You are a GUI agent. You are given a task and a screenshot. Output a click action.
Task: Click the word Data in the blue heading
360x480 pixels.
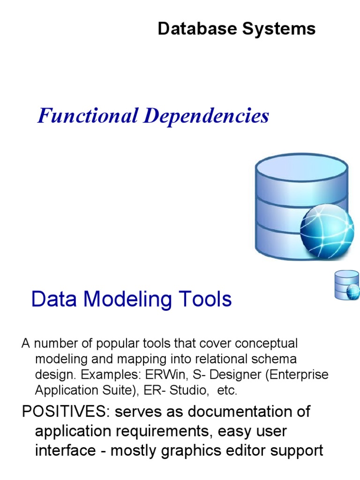click(x=51, y=299)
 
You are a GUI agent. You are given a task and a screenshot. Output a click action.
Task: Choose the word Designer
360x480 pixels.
click(x=223, y=375)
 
